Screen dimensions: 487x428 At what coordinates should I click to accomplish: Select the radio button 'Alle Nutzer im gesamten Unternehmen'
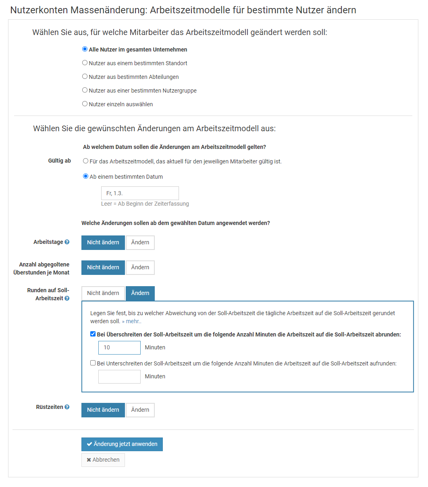click(x=85, y=50)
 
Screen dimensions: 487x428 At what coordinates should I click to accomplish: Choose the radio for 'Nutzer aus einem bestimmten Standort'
click(x=85, y=63)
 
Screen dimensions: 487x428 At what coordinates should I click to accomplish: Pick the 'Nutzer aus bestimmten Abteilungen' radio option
click(x=85, y=76)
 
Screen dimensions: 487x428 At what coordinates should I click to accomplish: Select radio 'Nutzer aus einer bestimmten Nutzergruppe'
click(x=85, y=90)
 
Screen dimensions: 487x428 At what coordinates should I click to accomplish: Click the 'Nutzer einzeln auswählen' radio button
click(x=85, y=104)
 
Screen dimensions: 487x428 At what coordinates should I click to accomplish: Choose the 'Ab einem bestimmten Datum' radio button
click(x=85, y=176)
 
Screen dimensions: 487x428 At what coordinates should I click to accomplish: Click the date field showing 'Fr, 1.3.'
click(x=139, y=193)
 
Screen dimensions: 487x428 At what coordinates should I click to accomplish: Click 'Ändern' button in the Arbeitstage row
click(x=140, y=242)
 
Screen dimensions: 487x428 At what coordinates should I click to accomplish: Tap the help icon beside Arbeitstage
click(x=67, y=242)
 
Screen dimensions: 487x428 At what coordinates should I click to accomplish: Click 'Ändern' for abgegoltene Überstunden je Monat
click(x=140, y=267)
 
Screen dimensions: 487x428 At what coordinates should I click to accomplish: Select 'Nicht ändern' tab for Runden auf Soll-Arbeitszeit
click(x=103, y=293)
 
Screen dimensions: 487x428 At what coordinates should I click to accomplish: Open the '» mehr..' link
click(x=131, y=322)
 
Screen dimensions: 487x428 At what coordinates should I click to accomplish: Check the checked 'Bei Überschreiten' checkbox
click(x=93, y=334)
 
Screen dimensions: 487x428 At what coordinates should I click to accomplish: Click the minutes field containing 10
click(x=119, y=348)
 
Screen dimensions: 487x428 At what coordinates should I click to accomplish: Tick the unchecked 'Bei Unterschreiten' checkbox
click(x=93, y=363)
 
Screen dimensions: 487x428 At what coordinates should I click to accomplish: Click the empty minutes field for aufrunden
click(x=119, y=377)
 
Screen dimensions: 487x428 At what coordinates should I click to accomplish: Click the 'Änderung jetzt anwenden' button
click(x=122, y=444)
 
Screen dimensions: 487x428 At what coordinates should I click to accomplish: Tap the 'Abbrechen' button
click(x=103, y=460)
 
